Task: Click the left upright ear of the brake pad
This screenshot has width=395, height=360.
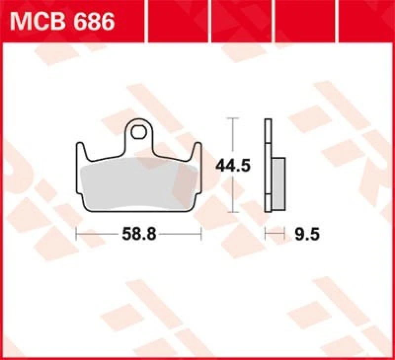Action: coord(80,150)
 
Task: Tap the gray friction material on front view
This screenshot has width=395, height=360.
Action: coord(139,185)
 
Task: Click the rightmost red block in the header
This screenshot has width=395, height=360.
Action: coord(368,13)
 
